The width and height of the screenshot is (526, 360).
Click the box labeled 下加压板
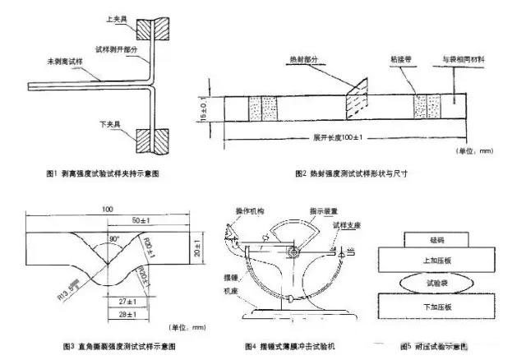pos(436,307)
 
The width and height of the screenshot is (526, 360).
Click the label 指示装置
pos(314,210)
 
